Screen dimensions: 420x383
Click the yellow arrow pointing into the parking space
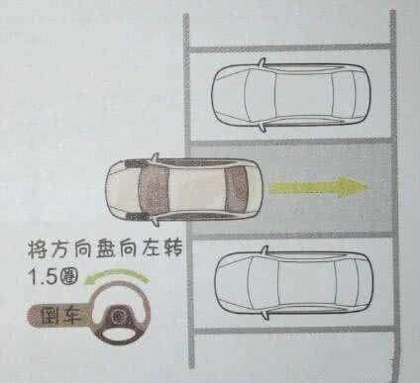[x=319, y=187]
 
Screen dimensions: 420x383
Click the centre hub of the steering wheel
[x=117, y=316]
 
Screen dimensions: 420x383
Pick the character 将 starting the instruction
[x=39, y=249]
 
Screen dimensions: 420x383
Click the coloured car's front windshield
[x=153, y=191]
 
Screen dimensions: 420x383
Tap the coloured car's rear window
[x=237, y=190]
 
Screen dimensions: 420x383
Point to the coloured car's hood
[x=123, y=190]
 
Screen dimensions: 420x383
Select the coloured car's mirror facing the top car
[x=155, y=157]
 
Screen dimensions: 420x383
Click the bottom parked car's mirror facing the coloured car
[x=264, y=250]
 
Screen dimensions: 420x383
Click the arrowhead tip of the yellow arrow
[x=368, y=187]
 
